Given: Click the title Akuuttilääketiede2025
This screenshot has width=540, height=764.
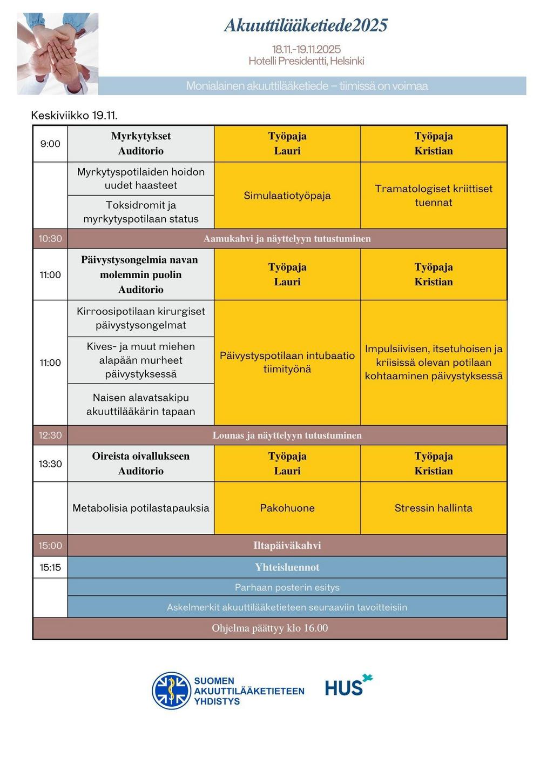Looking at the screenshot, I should pyautogui.click(x=306, y=25).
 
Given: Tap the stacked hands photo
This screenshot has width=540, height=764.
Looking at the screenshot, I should pyautogui.click(x=58, y=53).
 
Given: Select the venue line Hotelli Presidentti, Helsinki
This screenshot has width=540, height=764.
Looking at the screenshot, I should pyautogui.click(x=306, y=61).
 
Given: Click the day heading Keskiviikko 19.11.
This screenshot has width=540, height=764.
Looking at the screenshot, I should pyautogui.click(x=75, y=115).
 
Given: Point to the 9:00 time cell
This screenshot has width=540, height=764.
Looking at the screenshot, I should pyautogui.click(x=50, y=144).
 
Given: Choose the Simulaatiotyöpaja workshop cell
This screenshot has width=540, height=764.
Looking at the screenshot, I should pyautogui.click(x=287, y=196).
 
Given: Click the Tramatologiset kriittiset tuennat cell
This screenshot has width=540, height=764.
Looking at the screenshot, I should pyautogui.click(x=434, y=196).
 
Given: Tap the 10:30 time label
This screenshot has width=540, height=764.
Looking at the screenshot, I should pyautogui.click(x=50, y=238).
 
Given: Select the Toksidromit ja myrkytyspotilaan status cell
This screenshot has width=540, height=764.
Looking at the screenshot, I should pyautogui.click(x=141, y=212).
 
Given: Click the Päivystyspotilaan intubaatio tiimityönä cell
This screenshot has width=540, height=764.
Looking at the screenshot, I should pyautogui.click(x=287, y=363).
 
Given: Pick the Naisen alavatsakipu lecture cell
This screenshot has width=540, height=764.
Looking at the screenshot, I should pyautogui.click(x=141, y=405).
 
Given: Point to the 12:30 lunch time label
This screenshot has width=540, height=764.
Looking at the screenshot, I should pyautogui.click(x=50, y=435).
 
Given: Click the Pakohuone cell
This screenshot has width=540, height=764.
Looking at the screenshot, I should pyautogui.click(x=287, y=508).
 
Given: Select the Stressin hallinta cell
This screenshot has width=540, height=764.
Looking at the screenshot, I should pyautogui.click(x=434, y=508).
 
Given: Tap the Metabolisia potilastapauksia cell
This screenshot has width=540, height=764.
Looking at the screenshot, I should pyautogui.click(x=141, y=508).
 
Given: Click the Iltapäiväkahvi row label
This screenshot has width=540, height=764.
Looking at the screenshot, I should pyautogui.click(x=287, y=546).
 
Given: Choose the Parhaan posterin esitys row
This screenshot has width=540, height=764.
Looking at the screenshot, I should pyautogui.click(x=287, y=587).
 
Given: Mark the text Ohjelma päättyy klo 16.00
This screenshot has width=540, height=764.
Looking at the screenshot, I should pyautogui.click(x=270, y=628).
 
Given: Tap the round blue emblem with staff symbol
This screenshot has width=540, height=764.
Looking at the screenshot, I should pyautogui.click(x=171, y=691).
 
